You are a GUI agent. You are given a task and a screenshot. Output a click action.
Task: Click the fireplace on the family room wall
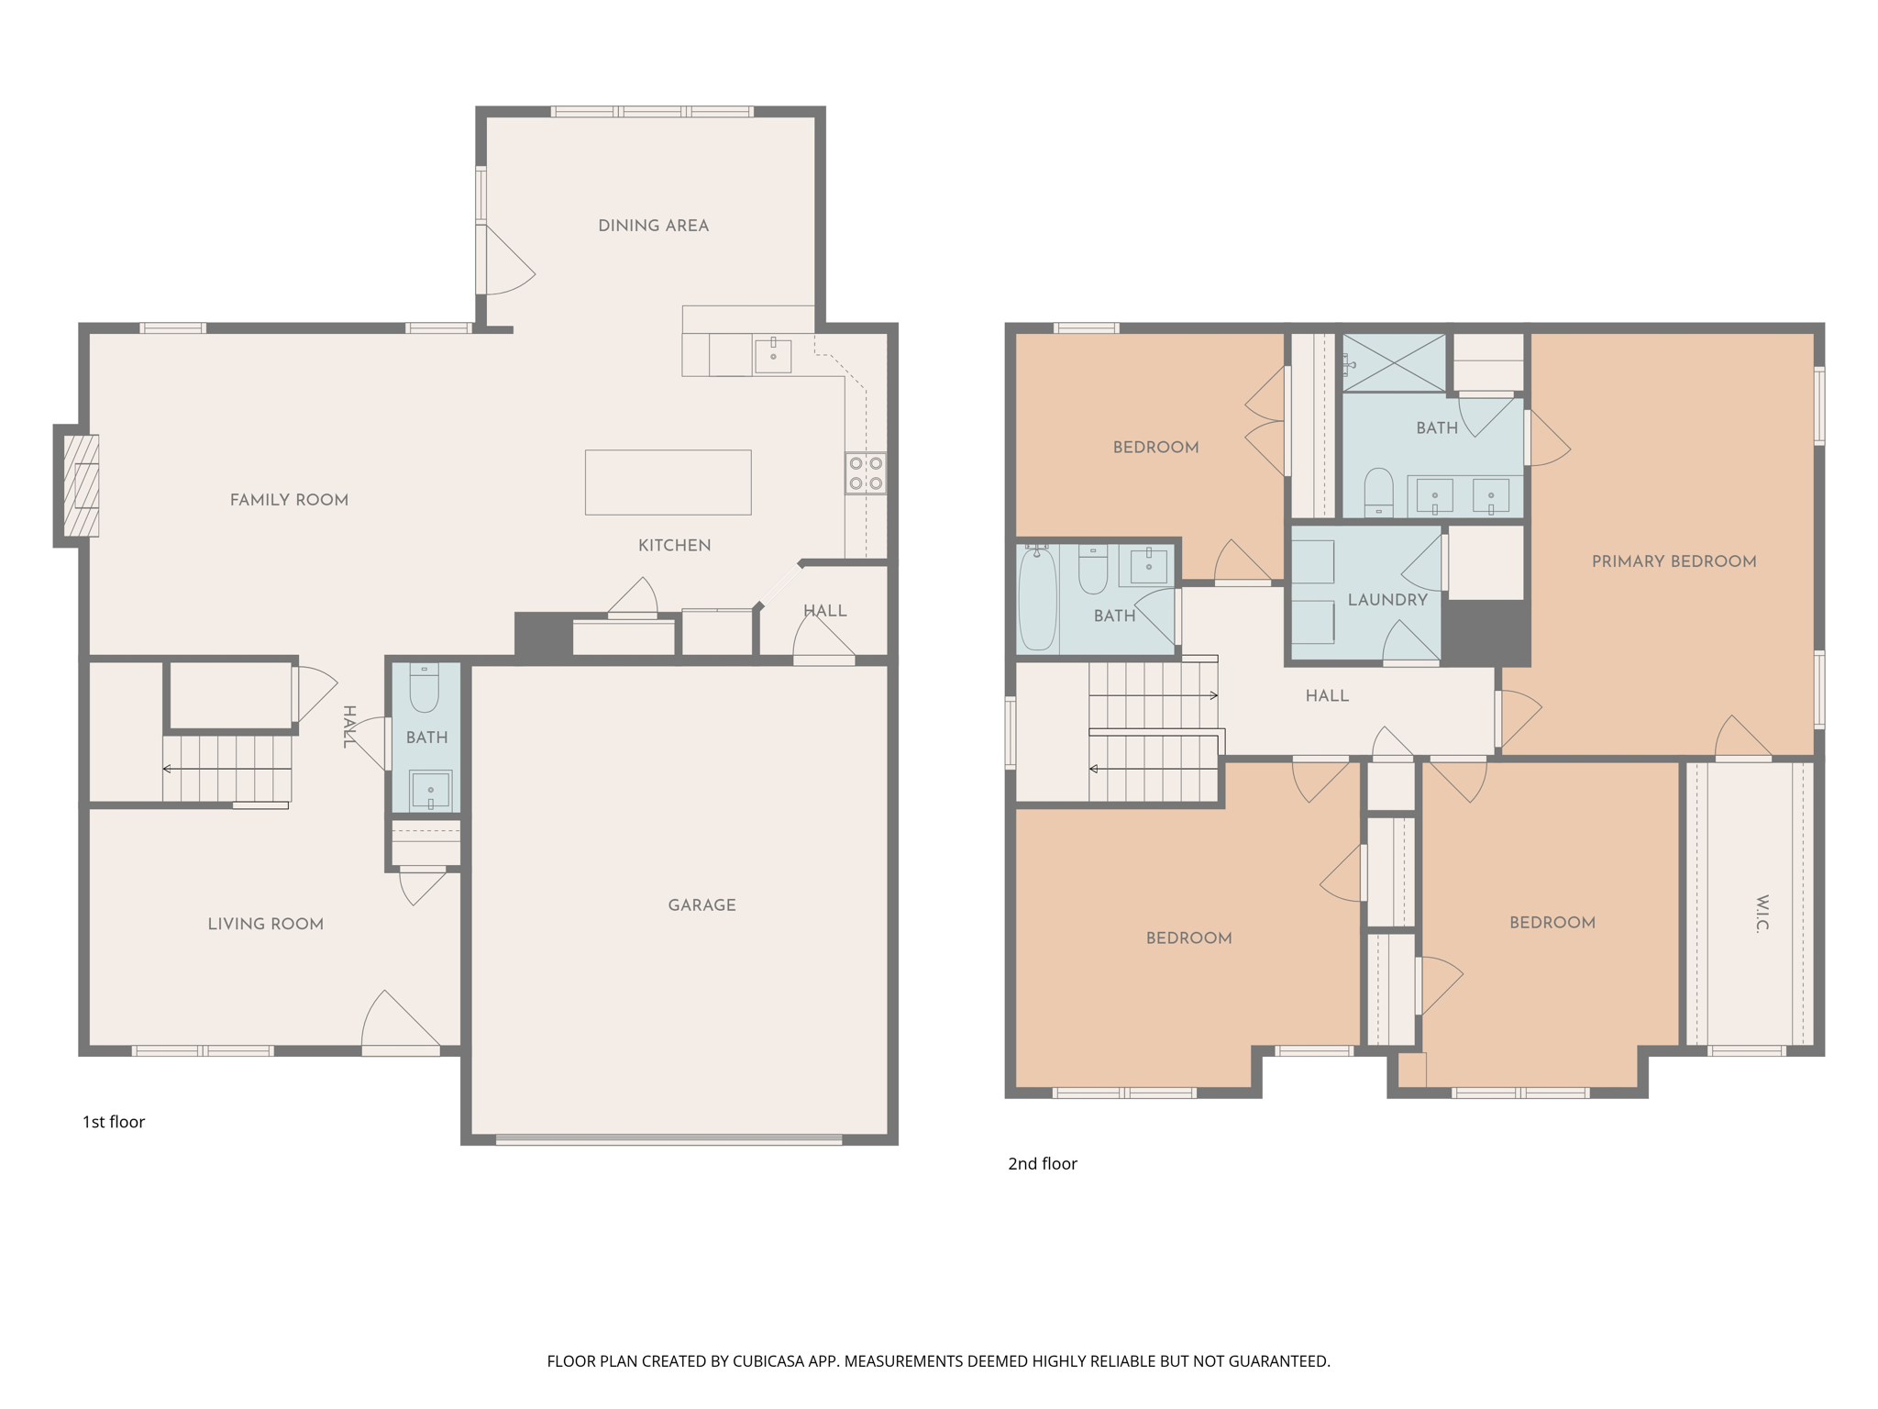tap(81, 485)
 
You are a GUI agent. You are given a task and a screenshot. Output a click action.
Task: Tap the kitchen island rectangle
tap(668, 482)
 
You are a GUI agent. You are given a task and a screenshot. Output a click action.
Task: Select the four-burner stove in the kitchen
tap(866, 473)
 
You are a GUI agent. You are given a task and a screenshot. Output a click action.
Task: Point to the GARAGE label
tap(701, 905)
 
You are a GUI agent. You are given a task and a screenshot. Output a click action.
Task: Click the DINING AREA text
tap(653, 226)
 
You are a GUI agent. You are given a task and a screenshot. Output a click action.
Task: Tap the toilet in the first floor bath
tap(424, 688)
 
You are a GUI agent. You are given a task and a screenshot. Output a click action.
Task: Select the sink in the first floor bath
tap(430, 790)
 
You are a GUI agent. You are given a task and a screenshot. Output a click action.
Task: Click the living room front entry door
tap(400, 1023)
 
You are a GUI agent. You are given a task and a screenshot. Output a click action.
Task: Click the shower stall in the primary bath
tap(1394, 363)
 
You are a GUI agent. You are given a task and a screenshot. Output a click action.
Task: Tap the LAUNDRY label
tap(1386, 600)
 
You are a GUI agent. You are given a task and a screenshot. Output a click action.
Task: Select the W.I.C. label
tap(1762, 914)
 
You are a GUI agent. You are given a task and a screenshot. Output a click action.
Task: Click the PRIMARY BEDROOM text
tap(1674, 561)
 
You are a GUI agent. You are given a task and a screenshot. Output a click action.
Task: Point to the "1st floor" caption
tap(114, 1122)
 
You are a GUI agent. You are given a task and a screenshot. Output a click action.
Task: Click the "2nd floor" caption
tap(1042, 1164)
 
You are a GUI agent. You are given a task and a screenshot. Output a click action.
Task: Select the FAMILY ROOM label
tap(289, 500)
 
